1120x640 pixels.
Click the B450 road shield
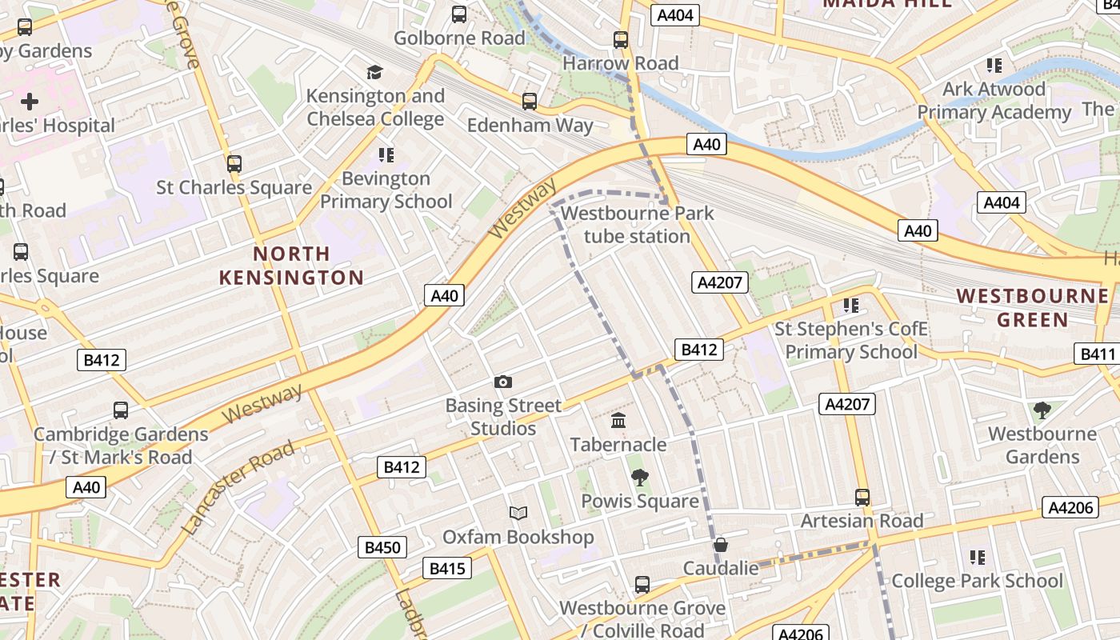(x=382, y=547)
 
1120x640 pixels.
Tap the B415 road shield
(x=447, y=568)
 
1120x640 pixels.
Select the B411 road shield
(x=1097, y=354)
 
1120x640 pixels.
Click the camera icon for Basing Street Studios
(x=503, y=382)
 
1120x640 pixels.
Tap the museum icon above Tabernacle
(x=618, y=420)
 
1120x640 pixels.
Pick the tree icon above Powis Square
(x=639, y=478)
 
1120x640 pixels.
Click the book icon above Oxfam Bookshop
(x=518, y=513)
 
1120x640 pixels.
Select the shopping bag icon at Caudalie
(x=721, y=545)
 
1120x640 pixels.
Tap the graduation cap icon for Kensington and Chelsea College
(x=375, y=73)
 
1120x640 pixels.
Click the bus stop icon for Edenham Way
(x=530, y=102)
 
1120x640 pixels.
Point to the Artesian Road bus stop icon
(x=862, y=498)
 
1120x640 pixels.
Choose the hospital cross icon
(x=30, y=102)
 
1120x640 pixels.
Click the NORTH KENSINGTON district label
(x=291, y=266)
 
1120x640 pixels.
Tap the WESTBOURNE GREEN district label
(x=1033, y=308)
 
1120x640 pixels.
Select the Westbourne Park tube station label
(x=637, y=225)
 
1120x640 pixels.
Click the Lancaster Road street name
(x=238, y=487)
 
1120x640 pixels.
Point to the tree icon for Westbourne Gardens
(x=1042, y=410)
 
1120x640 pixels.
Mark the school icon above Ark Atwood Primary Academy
(x=994, y=66)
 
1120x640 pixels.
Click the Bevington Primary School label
(x=386, y=190)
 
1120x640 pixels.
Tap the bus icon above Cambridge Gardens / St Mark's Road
(x=121, y=410)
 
